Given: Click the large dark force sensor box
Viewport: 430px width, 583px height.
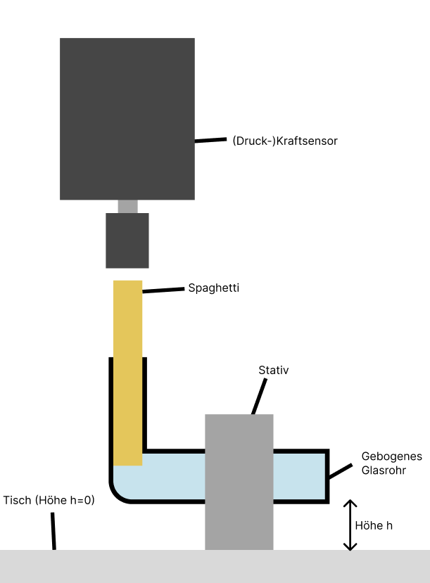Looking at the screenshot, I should [127, 118].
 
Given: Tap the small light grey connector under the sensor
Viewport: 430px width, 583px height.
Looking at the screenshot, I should [127, 207].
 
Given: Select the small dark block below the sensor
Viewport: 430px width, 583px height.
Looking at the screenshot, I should [127, 241].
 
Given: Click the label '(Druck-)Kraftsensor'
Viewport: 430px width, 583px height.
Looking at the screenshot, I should [285, 141].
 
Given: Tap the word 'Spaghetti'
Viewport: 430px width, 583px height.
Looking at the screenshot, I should [214, 288].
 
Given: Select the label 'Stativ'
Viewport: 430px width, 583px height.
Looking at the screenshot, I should [274, 370].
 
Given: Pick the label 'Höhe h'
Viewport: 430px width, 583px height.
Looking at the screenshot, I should [374, 525].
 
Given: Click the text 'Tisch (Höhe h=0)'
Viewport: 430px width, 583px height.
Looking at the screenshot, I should [49, 501].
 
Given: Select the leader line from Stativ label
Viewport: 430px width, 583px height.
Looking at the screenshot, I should [259, 397].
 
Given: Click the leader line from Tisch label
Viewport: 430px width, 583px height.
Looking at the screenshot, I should [53, 531].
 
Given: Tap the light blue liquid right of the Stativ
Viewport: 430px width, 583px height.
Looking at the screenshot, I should [299, 475].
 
